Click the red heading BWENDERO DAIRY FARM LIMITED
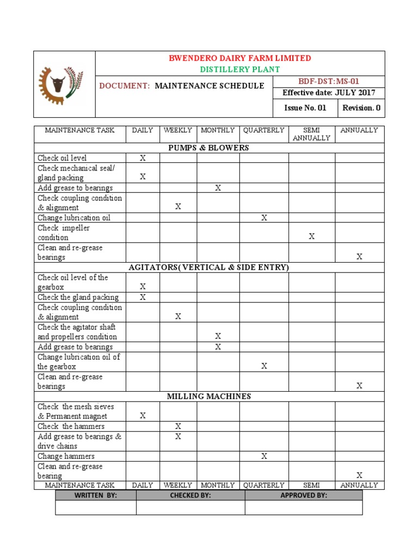coord(240,58)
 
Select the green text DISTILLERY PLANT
coord(240,69)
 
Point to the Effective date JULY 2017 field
coord(328,93)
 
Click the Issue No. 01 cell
coord(305,108)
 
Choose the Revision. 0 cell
coord(361,108)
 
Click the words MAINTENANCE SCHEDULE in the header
coord(210,86)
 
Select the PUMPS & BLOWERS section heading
coord(208,148)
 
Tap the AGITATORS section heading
coord(208,267)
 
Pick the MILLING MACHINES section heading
coord(208,396)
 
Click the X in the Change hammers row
coord(264,456)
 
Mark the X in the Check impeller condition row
coord(312,236)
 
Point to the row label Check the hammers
coord(71,426)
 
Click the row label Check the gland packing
coord(78,297)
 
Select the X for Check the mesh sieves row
coord(143,416)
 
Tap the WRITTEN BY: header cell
coord(96,495)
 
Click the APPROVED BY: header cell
coord(303,495)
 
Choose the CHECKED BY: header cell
coord(190,495)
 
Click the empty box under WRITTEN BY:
coord(96,508)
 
